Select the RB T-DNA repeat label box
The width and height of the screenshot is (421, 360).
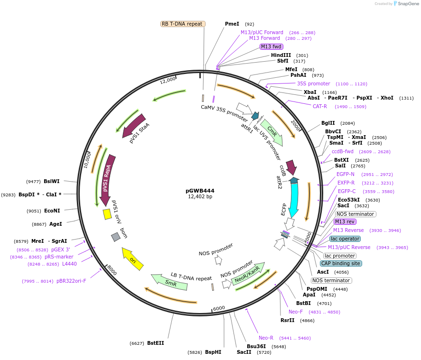point(183,24)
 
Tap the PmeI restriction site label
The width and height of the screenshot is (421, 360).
point(232,24)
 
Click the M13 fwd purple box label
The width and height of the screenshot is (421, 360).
point(271,46)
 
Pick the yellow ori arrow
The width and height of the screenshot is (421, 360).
point(133,259)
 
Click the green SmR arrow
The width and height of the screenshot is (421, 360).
point(169,281)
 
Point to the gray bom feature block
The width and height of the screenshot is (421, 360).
point(115,237)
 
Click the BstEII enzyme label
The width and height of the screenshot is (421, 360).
point(155,343)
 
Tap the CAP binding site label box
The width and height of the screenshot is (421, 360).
point(341,263)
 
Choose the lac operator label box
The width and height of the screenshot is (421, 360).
point(345,239)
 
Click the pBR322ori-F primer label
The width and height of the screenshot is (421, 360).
point(71,281)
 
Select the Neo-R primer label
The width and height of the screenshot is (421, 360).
point(266,338)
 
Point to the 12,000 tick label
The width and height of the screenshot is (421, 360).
point(168,81)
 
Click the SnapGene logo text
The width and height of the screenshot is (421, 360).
point(408,4)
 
